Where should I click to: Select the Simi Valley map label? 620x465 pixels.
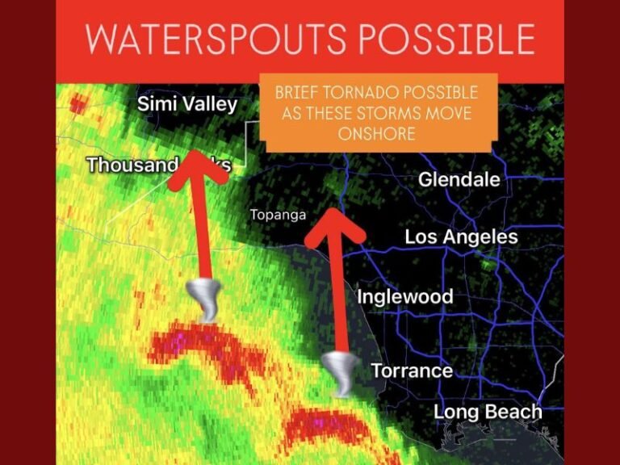(187, 104)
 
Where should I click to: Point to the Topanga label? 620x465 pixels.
(278, 216)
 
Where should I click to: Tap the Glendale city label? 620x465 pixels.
(459, 180)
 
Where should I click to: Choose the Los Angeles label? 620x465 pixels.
(461, 237)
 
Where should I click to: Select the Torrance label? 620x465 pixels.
(411, 371)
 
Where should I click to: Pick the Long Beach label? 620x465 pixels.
(488, 412)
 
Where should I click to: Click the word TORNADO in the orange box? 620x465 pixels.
(367, 94)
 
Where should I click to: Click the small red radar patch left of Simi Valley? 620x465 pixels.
(77, 103)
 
